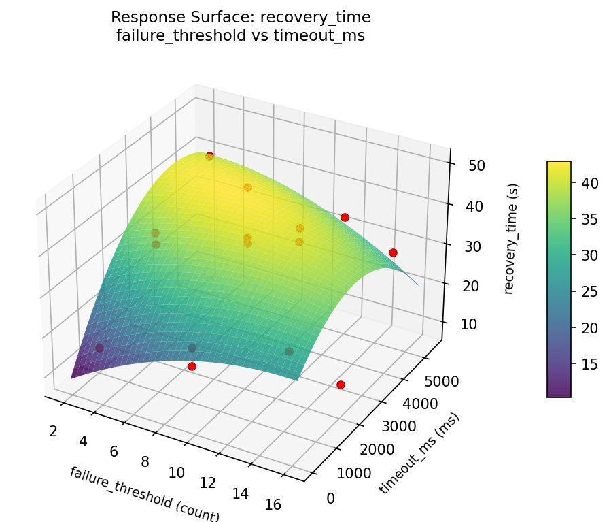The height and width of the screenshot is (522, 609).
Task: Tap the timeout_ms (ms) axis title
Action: point(419,453)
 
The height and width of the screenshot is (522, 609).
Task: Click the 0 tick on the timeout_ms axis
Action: point(331,499)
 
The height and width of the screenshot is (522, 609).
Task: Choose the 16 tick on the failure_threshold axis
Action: point(273,504)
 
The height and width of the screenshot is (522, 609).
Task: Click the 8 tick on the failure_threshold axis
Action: point(145,462)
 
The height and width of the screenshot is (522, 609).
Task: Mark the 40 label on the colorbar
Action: point(589,183)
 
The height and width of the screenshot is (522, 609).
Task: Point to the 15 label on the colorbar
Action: point(589,364)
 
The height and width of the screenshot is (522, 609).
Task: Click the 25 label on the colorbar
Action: point(589,291)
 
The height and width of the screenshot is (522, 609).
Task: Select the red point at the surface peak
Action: point(209,156)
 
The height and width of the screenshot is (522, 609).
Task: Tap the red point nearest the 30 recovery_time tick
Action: point(393,252)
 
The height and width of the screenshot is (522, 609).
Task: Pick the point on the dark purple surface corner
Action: point(100,348)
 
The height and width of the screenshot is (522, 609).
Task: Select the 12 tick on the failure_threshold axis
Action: point(208,483)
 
